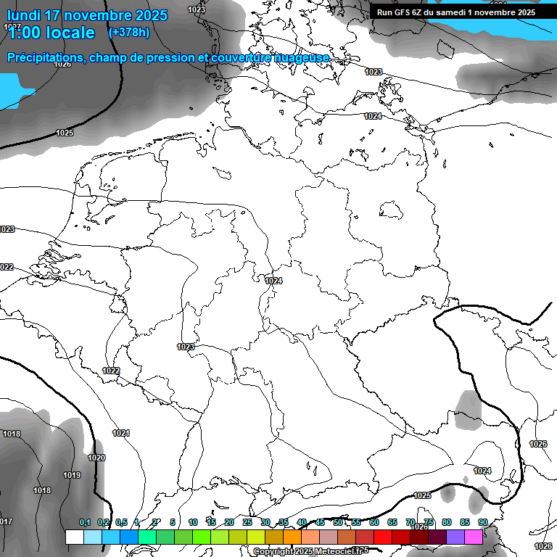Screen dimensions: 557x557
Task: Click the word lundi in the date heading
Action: coord(24,15)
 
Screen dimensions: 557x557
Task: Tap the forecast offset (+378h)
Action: coord(128,32)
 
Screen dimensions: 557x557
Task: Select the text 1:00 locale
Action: coord(51,33)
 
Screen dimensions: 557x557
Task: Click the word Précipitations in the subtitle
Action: coord(44,57)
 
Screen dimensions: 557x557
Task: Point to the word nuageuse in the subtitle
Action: coord(300,57)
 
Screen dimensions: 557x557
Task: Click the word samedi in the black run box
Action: coord(446,12)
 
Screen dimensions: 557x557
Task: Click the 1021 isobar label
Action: coord(121,433)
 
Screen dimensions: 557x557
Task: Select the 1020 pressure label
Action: coord(96,458)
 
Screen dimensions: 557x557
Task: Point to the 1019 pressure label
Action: coord(71,475)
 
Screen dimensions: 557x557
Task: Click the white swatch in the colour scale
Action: coord(74,537)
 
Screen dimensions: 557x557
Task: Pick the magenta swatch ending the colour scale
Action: coord(474,537)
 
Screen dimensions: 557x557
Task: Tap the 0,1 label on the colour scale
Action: coord(85,522)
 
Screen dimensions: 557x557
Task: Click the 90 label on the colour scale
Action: coord(483,522)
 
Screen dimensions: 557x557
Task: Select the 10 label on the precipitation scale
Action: coord(193,522)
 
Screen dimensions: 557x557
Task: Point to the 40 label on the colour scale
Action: coord(302,522)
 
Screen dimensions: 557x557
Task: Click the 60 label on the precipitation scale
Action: coord(374,522)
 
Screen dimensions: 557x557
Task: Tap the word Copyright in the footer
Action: coord(273,552)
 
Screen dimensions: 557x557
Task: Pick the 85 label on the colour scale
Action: coord(465,522)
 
